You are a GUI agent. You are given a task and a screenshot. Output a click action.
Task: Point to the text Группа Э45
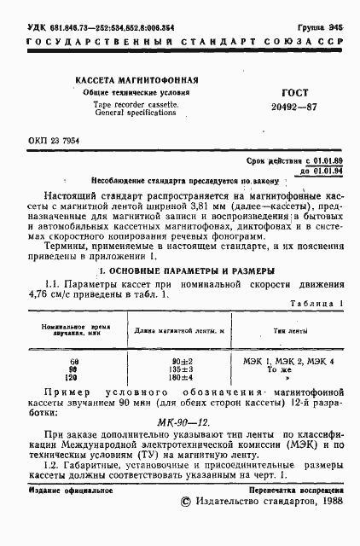pos(324,27)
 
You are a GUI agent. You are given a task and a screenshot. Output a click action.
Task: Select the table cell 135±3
pos(165,370)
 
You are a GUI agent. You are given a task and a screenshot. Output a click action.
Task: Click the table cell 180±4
pos(165,378)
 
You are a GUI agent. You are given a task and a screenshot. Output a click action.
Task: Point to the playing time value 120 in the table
pos(73,378)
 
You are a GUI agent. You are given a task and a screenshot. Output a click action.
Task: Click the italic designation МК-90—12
pos(180,422)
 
